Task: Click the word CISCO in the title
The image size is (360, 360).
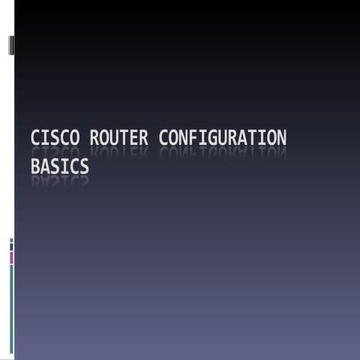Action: point(56,139)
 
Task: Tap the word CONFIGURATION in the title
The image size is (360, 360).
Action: point(223,139)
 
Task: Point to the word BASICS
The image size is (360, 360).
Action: point(59,166)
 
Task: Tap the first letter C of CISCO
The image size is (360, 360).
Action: point(36,139)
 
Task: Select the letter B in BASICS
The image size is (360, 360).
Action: point(35,166)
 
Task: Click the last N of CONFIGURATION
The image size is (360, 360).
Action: point(280,139)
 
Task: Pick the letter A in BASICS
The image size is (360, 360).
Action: point(45,166)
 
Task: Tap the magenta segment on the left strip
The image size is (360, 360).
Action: point(11,257)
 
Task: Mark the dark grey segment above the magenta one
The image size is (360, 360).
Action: point(11,247)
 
